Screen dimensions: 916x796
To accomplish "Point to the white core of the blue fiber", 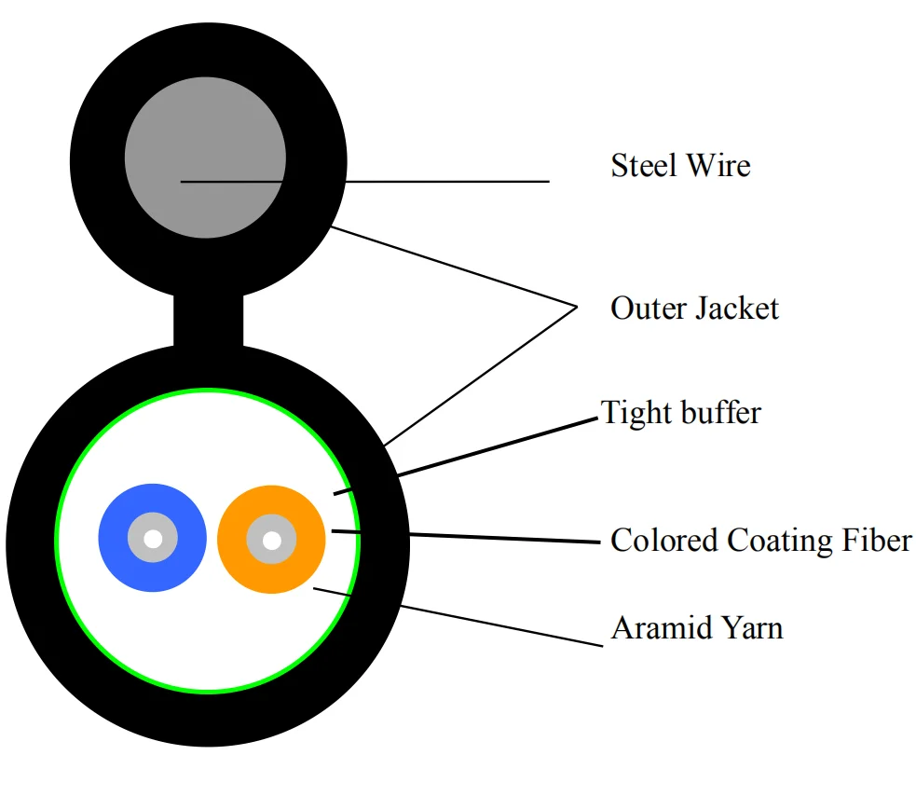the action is tap(152, 539).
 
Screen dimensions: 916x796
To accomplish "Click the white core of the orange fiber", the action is tap(271, 540).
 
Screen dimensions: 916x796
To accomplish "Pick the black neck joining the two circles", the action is tap(209, 322).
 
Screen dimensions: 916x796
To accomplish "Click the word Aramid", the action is tap(652, 628).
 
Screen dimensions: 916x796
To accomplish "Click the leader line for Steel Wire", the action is tap(419, 181).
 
